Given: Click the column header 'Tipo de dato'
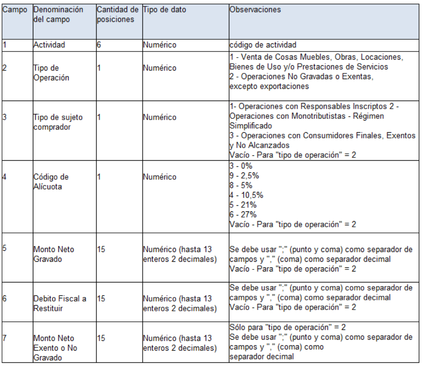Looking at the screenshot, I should point(164,9).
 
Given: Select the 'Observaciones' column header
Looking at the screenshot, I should point(255,9).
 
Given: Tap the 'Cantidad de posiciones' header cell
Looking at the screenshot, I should point(118,14).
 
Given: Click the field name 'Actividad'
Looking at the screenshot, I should point(49,45).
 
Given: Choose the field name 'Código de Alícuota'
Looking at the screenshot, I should point(51,182).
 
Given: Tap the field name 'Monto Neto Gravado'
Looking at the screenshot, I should point(54,254).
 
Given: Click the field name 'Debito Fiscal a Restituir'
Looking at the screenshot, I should point(59,304).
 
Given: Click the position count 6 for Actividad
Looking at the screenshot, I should point(99,45).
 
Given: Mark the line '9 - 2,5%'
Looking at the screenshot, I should point(244,177).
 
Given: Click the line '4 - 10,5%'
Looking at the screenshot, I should point(245,196).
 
